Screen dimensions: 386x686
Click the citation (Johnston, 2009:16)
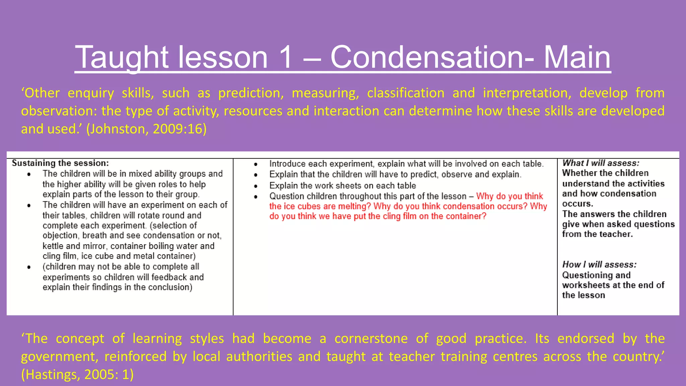click(146, 129)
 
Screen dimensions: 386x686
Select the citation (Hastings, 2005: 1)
click(77, 374)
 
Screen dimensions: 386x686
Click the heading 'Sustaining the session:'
click(60, 163)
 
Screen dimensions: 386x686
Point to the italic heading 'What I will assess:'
click(601, 163)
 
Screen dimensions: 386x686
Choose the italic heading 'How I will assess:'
click(599, 265)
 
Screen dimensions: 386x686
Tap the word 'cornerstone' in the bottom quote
click(371, 338)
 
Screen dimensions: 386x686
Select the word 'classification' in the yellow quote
click(406, 93)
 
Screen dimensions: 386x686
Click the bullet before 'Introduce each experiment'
click(256, 164)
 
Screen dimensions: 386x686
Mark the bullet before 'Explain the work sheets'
click(256, 186)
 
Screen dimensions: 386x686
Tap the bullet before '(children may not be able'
click(29, 267)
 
